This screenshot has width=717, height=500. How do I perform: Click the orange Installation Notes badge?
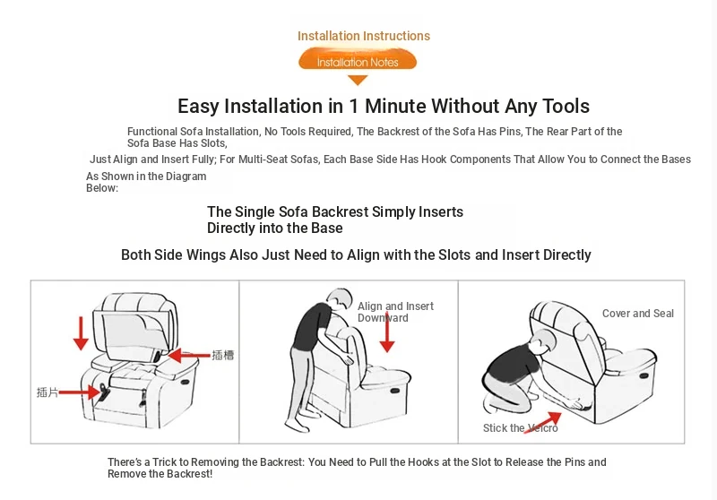pyautogui.click(x=358, y=61)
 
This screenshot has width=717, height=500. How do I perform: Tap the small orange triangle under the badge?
pyautogui.click(x=358, y=80)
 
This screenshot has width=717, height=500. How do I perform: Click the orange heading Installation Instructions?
pyautogui.click(x=364, y=36)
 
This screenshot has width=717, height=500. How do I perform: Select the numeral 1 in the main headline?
pyautogui.click(x=353, y=106)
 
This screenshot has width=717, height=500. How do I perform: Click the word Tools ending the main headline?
pyautogui.click(x=566, y=106)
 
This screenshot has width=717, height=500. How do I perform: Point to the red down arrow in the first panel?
pyautogui.click(x=81, y=333)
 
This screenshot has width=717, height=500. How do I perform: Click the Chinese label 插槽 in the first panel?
pyautogui.click(x=222, y=355)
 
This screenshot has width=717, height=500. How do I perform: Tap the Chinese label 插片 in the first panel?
pyautogui.click(x=48, y=392)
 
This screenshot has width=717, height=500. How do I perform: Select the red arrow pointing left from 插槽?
pyautogui.click(x=189, y=355)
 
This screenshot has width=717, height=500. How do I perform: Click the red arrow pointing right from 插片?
pyautogui.click(x=80, y=392)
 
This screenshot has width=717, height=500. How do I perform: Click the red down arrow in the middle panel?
pyautogui.click(x=387, y=332)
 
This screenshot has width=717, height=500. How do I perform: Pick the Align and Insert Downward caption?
pyautogui.click(x=395, y=312)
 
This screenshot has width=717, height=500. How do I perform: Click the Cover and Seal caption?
pyautogui.click(x=637, y=314)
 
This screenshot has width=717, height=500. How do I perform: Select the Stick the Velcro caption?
pyautogui.click(x=521, y=428)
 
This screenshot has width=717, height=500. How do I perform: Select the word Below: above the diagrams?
pyautogui.click(x=102, y=188)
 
